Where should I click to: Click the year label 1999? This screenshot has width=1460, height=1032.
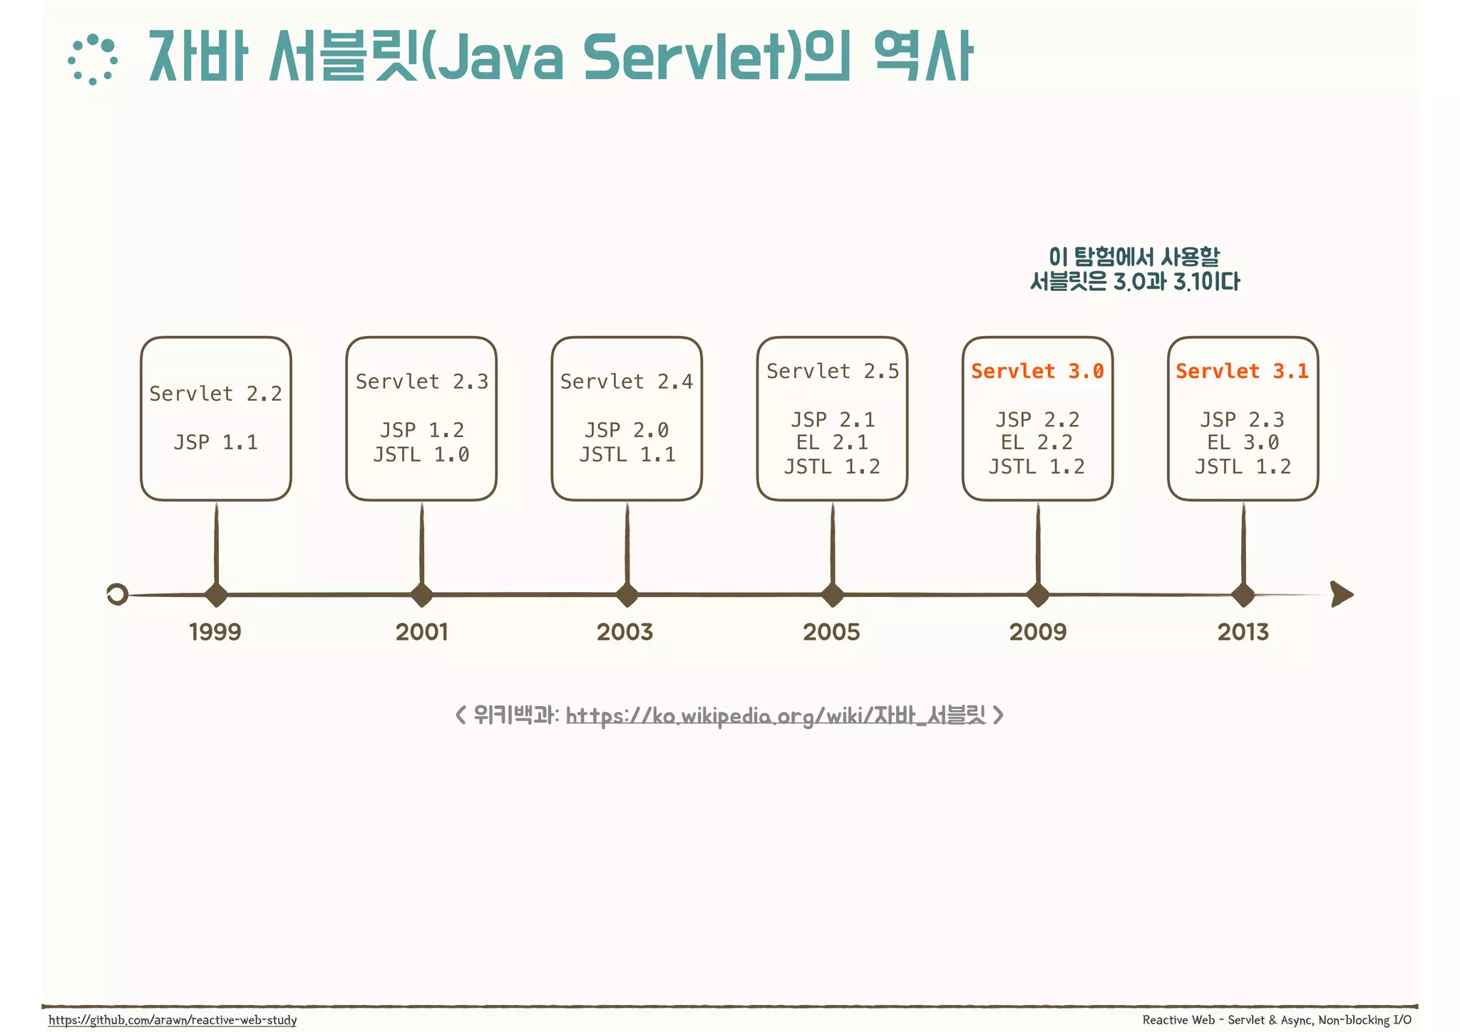tap(215, 631)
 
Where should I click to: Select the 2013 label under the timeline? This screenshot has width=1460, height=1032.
tap(1243, 631)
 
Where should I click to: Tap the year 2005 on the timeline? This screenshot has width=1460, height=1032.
tap(831, 631)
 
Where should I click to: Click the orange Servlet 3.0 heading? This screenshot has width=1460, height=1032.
tap(1037, 371)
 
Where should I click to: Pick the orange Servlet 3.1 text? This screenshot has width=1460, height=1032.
tap(1242, 371)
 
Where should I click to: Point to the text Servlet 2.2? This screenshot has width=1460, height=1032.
tap(215, 394)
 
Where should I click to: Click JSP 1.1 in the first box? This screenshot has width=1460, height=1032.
tap(215, 442)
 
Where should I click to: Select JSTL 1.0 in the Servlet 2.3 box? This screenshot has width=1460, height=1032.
tap(421, 454)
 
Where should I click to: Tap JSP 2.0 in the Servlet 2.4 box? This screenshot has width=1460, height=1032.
tap(627, 430)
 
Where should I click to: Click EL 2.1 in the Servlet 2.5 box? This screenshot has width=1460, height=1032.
tap(832, 442)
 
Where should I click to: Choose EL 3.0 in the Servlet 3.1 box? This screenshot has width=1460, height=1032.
tap(1243, 442)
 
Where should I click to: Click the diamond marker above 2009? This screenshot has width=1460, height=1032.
tap(1038, 594)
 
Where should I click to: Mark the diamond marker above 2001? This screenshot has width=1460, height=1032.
tap(421, 594)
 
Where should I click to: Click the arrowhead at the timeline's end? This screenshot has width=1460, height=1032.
tap(1341, 594)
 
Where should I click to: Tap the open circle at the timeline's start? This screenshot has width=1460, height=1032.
tap(117, 594)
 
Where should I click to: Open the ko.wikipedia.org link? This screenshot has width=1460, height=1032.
tap(775, 715)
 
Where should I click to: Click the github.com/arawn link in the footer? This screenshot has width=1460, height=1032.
tap(173, 1020)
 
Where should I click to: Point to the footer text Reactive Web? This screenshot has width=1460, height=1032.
tap(1178, 1020)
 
